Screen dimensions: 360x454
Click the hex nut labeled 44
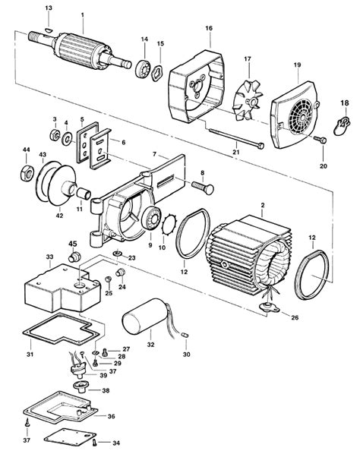coord(27,174)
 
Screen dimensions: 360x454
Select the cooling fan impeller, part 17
coord(248,100)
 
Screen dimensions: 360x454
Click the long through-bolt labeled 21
coord(236,137)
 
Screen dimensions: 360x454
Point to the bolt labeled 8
coord(203,187)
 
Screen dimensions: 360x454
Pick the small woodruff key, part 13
coord(49,29)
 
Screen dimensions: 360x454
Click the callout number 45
coord(73,244)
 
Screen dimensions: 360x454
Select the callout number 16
coord(209,28)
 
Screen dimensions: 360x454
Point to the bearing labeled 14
coord(143,69)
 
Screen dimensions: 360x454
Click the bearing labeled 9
coord(151,219)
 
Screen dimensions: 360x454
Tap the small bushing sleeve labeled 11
coord(84,193)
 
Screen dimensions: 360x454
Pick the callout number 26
coord(295,317)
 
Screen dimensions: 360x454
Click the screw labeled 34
coord(94,442)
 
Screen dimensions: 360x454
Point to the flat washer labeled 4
coord(68,140)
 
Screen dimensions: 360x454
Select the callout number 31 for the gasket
coord(30,354)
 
